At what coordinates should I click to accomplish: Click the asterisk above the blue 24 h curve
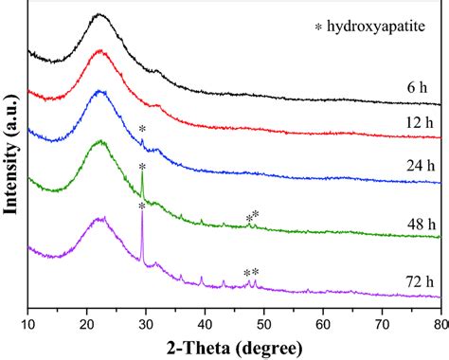(x=142, y=130)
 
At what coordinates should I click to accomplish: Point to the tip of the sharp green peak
(x=142, y=168)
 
